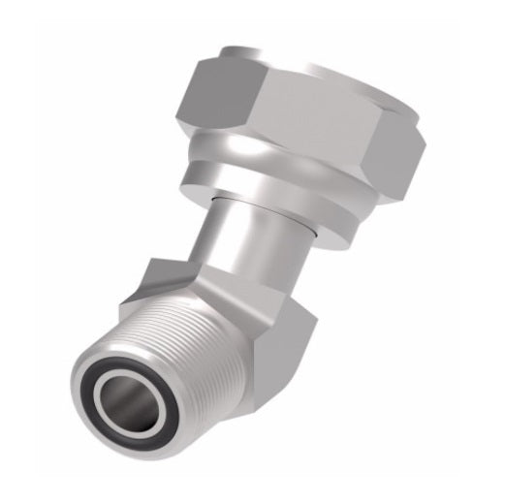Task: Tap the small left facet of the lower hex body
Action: click(x=136, y=286)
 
